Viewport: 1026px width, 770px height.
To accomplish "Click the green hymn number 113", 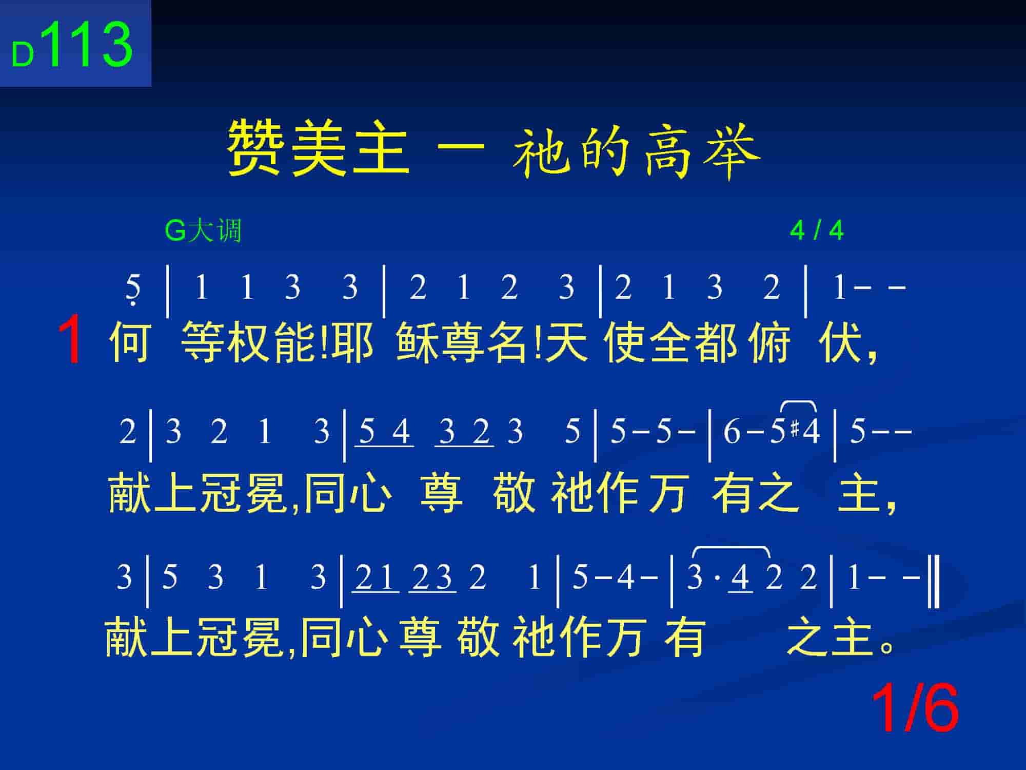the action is click(x=90, y=45).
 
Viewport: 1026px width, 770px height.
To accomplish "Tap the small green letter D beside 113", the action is click(x=23, y=54).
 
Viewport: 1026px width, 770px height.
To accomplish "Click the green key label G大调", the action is click(x=203, y=230).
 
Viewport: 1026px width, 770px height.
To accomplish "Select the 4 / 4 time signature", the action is click(x=817, y=230).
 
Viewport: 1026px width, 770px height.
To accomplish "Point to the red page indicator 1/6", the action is click(x=915, y=709).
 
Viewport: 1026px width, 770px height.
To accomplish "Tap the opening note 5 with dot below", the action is click(x=133, y=289).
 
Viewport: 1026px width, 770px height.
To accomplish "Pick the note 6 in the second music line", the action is click(x=732, y=431).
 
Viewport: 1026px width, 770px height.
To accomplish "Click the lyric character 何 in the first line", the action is click(x=130, y=341).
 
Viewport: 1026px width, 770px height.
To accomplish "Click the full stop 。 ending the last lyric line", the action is click(x=886, y=645).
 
